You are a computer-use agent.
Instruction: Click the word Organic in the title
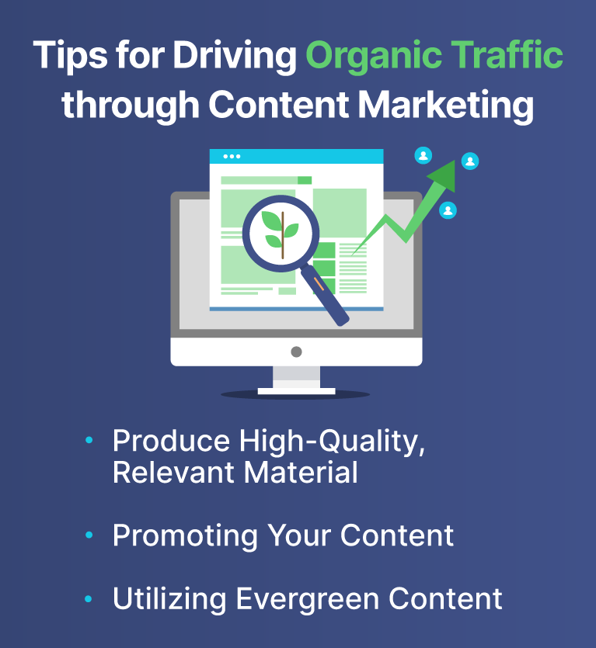pos(373,57)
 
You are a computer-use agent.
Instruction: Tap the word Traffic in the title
pos(507,54)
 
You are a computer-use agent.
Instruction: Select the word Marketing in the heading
pos(445,106)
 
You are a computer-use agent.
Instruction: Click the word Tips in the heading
pos(70,56)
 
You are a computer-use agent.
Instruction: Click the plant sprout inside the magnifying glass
pos(281,234)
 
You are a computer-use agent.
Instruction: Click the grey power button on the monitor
pos(296,352)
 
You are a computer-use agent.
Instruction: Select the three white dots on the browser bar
pos(232,157)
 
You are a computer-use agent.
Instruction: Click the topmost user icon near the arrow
pos(423,155)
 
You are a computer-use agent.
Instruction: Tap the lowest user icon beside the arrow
pos(448,210)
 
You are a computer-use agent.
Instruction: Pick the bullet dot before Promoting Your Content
pos(89,535)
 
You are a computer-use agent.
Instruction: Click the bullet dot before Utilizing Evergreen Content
pos(89,599)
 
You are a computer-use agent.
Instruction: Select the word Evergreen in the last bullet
pos(308,599)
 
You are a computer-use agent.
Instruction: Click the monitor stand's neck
pos(296,377)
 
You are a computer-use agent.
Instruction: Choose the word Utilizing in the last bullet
pos(169,599)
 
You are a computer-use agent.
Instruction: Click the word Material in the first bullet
pos(301,473)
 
